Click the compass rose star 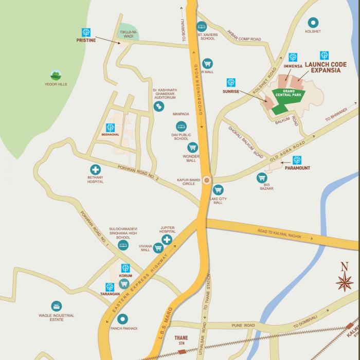(x=345, y=282)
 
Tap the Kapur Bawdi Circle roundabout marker (x=207, y=180)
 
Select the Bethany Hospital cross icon (x=95, y=169)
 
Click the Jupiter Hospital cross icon (x=167, y=240)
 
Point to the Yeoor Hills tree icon (x=56, y=75)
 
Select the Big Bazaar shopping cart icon (x=262, y=178)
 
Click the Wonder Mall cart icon (x=192, y=148)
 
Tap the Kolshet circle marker (x=313, y=23)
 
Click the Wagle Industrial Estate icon (x=57, y=307)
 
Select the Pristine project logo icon (x=86, y=32)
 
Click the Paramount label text (x=298, y=168)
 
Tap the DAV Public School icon (x=181, y=126)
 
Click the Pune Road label (x=243, y=326)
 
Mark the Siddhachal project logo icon (x=110, y=128)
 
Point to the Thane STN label (x=181, y=340)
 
